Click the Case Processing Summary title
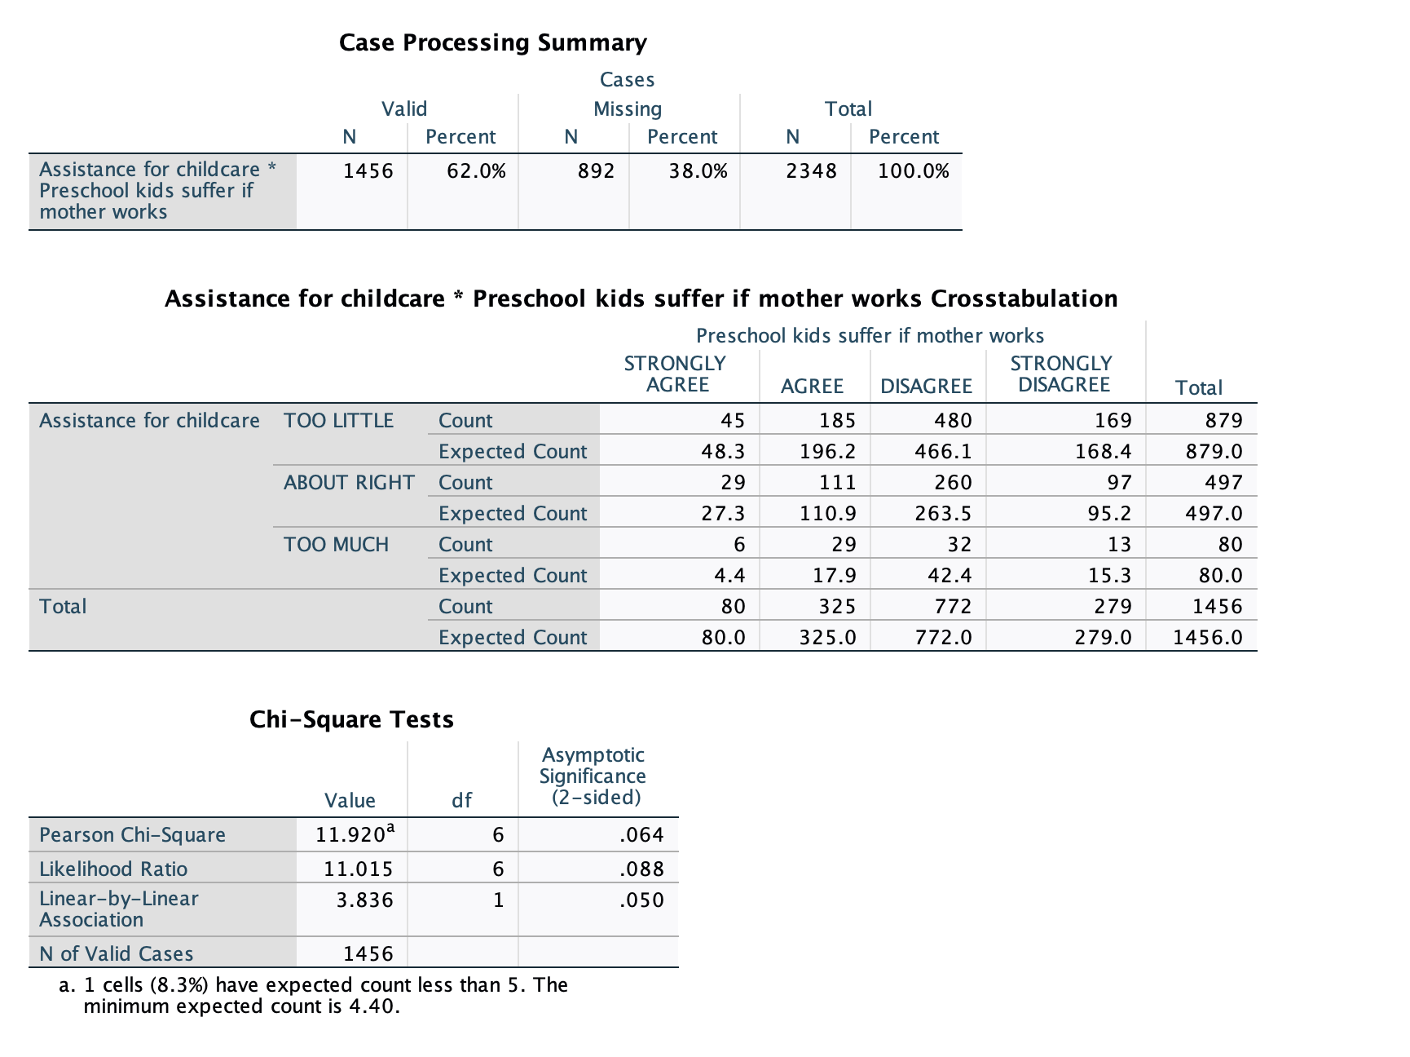tap(492, 42)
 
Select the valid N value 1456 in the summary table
tap(368, 171)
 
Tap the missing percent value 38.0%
tap(698, 171)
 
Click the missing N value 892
tap(596, 171)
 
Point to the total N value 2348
tap(811, 171)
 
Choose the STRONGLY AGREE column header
tap(675, 374)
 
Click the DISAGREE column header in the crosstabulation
tap(926, 387)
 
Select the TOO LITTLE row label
tap(338, 421)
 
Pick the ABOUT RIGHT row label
tap(349, 483)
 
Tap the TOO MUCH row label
tap(336, 545)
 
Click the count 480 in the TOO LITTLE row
tap(953, 421)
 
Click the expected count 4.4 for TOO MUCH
tap(729, 576)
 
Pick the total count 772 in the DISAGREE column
tap(953, 607)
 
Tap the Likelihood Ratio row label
tap(113, 869)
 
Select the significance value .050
tap(641, 900)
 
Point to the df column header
tap(461, 801)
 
